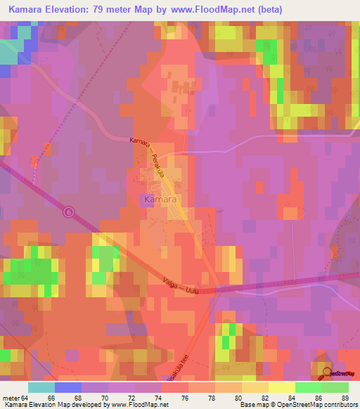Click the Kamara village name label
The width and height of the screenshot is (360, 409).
[x=158, y=200]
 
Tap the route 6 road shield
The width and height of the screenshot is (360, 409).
[x=68, y=211]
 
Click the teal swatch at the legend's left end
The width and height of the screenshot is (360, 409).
[x=41, y=387]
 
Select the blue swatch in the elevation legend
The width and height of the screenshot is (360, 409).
[x=67, y=387]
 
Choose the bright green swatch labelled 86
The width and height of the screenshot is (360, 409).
[x=308, y=387]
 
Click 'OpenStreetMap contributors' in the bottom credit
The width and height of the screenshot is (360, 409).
[x=321, y=405]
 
